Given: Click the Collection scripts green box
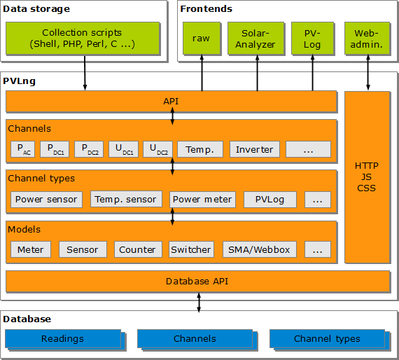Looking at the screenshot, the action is [83, 39].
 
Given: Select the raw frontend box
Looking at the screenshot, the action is [202, 39].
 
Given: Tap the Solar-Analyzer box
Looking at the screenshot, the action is [255, 39].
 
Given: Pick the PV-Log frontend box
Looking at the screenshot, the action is [312, 39].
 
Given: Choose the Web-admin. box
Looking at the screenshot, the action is [367, 39].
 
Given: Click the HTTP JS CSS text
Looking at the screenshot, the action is [366, 177].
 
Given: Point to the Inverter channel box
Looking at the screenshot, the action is [255, 149].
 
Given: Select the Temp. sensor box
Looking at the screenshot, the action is [126, 199].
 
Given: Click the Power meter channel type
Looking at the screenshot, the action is [202, 200].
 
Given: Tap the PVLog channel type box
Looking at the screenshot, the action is [270, 200].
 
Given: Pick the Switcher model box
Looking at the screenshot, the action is [191, 249].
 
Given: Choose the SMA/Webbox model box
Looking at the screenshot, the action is [260, 249].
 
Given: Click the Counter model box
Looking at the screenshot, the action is [138, 249].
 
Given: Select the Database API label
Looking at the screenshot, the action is [197, 282].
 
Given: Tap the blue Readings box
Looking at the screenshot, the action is [63, 338].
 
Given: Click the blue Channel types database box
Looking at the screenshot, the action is [327, 338].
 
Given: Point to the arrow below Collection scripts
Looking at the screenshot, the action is [85, 73].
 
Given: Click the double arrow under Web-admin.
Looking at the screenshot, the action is [368, 73].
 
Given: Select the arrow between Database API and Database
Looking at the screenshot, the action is [199, 303].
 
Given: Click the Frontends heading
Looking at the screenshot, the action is [206, 9].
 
